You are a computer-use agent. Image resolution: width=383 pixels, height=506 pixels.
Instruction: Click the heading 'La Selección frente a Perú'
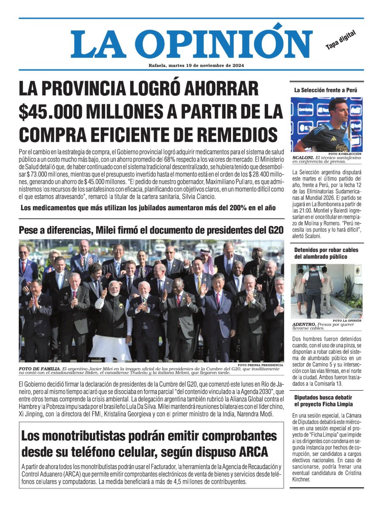(326, 90)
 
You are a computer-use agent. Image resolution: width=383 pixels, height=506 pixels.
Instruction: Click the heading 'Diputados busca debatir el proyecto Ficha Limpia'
(323, 400)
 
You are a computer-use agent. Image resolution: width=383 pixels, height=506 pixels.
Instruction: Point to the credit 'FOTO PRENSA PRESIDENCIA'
(260, 365)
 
